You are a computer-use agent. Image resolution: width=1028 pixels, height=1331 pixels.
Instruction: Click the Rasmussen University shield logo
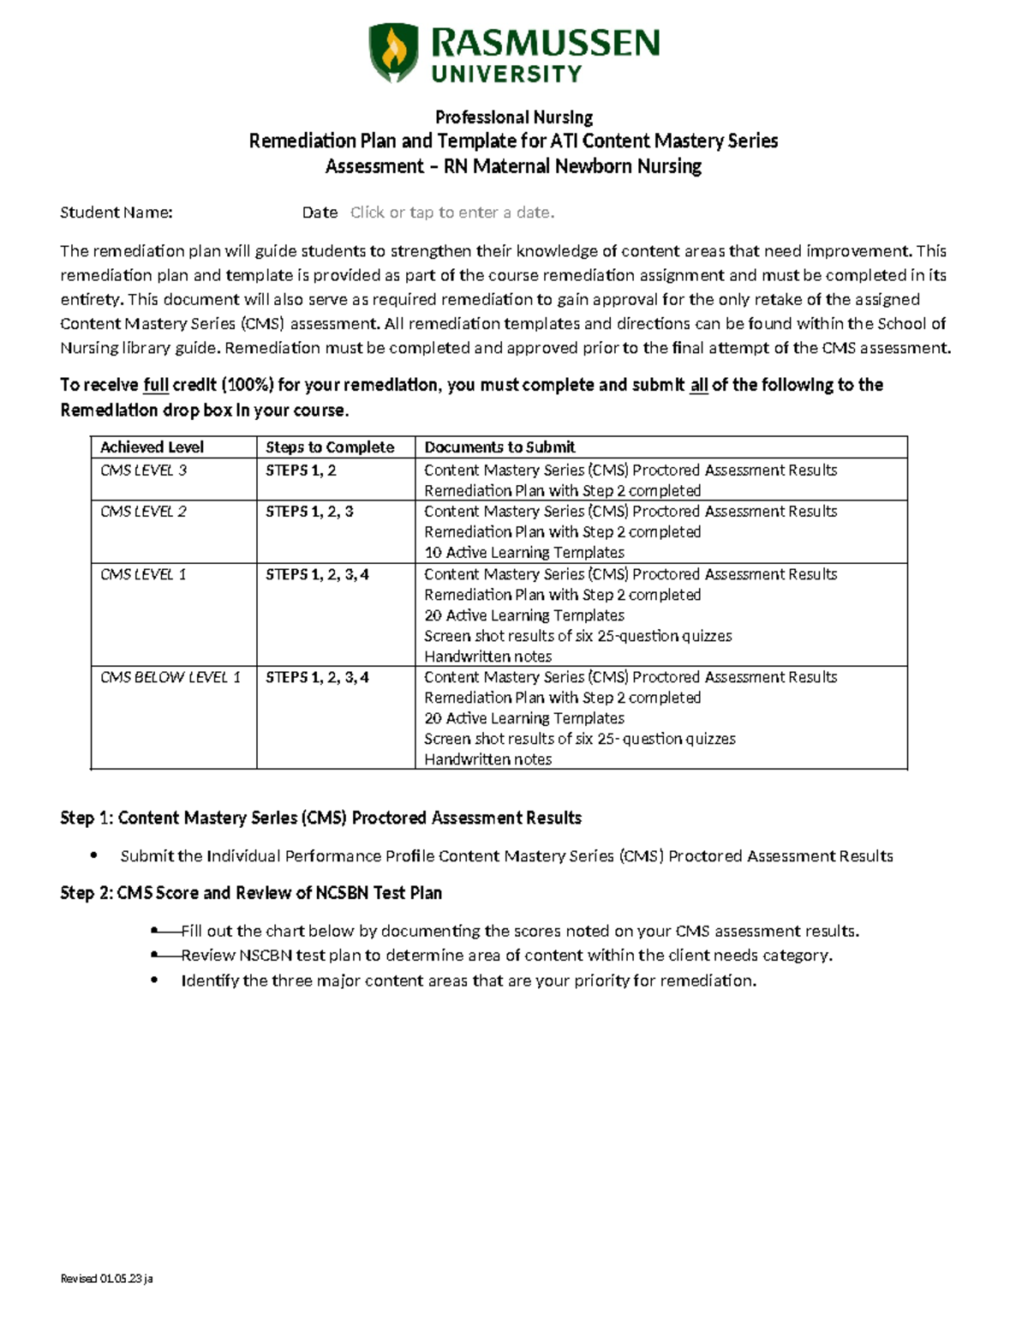393,52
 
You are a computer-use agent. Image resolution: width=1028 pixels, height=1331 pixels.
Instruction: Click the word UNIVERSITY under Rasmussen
507,75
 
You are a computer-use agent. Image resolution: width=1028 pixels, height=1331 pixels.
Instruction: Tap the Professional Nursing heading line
514,117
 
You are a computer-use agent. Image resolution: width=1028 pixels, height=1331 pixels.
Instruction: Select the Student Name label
117,213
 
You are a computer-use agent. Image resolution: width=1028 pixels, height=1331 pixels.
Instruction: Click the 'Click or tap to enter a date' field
452,213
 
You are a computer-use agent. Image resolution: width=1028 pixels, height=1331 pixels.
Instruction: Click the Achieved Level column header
152,447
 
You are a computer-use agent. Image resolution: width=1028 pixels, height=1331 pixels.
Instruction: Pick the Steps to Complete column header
330,447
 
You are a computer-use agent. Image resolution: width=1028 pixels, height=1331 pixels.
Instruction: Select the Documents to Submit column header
499,447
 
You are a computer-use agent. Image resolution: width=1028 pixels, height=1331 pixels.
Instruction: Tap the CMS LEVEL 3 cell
143,470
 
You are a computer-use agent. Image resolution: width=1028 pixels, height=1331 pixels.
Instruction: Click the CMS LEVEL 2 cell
143,511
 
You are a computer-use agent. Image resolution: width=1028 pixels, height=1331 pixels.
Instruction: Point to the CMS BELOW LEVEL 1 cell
170,677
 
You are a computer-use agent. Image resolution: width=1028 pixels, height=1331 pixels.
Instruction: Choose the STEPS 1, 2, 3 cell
309,511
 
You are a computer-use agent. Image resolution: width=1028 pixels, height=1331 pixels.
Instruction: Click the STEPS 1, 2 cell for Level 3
301,470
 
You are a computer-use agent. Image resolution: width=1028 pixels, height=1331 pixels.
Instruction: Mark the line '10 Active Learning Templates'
524,553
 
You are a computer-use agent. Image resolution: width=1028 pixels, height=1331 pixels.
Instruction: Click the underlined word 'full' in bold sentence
156,385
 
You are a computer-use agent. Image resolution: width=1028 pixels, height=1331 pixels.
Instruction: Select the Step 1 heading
320,818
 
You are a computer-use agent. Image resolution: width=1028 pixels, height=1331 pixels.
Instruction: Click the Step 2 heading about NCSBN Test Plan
251,893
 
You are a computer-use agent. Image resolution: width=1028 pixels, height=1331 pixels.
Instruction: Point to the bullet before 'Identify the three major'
154,980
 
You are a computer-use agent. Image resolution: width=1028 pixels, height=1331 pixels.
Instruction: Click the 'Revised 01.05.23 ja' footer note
106,1279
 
